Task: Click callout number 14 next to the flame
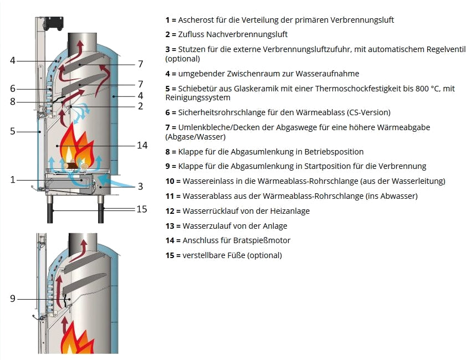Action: [142, 145]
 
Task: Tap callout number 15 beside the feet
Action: [142, 209]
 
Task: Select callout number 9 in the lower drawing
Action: [12, 299]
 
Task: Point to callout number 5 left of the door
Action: [12, 132]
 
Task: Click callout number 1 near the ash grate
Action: [12, 179]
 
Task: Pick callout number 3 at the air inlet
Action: [141, 187]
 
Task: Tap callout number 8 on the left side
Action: [12, 101]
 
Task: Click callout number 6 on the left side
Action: [12, 89]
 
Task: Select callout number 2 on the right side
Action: [141, 106]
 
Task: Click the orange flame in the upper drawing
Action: [75, 145]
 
